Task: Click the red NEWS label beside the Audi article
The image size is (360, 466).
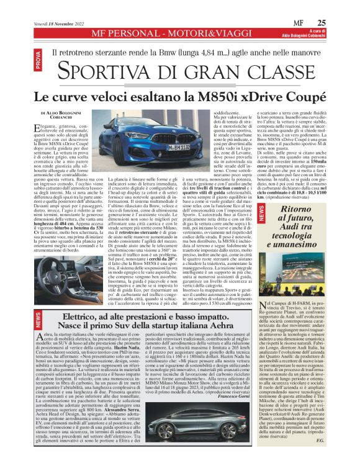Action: (x=261, y=213)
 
